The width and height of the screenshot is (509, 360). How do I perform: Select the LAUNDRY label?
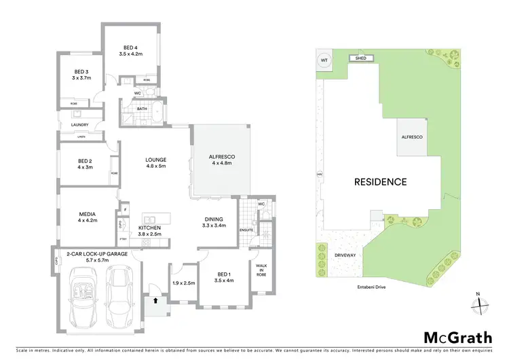coord(80,125)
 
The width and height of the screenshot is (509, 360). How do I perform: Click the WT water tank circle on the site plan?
coord(324,60)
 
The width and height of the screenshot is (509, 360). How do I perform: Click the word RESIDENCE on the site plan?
coord(379,182)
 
